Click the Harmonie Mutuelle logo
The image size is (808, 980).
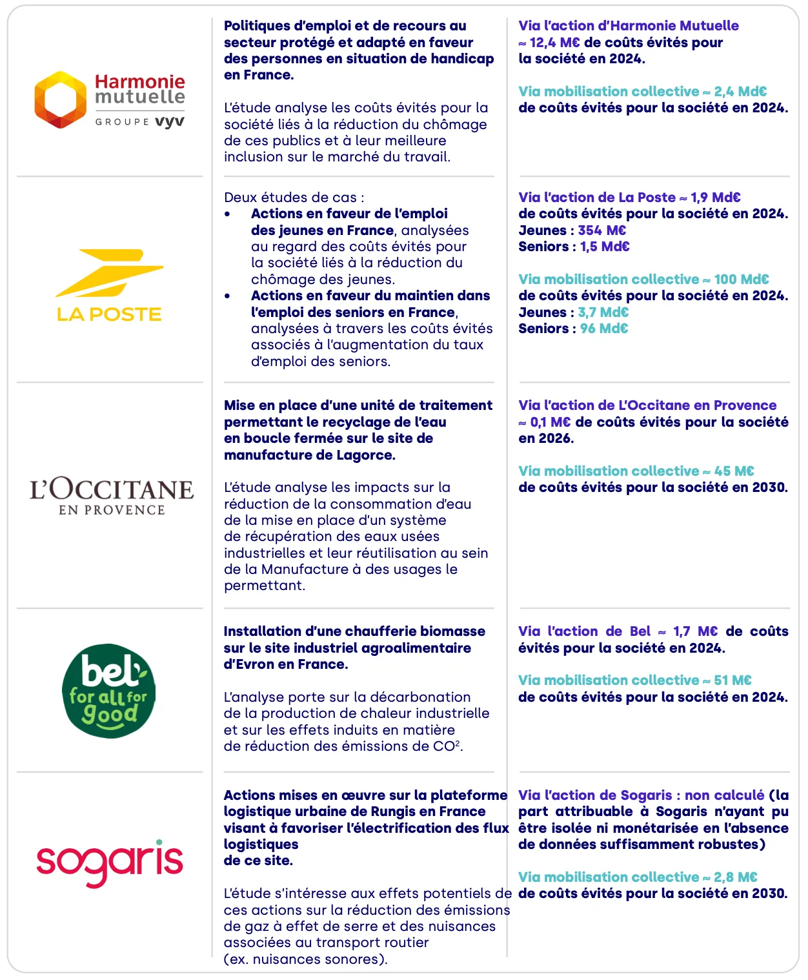click(x=110, y=100)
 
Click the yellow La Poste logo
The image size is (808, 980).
click(x=110, y=285)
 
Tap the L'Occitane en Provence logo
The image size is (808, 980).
click(x=111, y=496)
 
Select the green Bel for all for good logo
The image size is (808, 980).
click(x=108, y=690)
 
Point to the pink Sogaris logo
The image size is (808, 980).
click(x=110, y=862)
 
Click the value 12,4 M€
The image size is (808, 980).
click(x=554, y=43)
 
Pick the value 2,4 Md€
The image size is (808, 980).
click(x=740, y=92)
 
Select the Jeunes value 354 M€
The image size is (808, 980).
click(x=601, y=230)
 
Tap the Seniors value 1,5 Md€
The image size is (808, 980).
click(x=605, y=247)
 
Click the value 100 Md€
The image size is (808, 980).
click(x=741, y=280)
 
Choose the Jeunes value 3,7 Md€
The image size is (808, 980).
click(x=603, y=312)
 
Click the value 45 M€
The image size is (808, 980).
click(x=734, y=471)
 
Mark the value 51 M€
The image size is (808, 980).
click(x=732, y=680)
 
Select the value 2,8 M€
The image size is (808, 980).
click(x=735, y=877)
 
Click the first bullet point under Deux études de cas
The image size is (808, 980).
click(x=227, y=214)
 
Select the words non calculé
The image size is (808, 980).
click(x=724, y=795)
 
